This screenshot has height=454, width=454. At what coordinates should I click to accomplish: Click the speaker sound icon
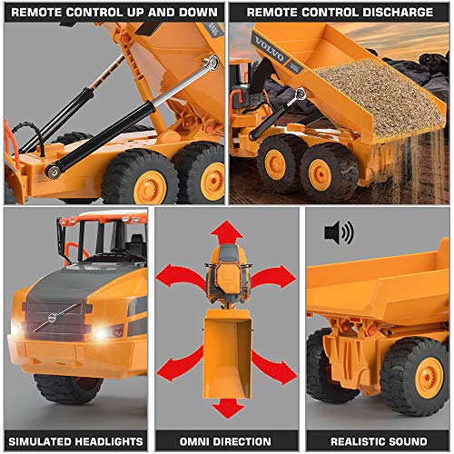pos(338,233)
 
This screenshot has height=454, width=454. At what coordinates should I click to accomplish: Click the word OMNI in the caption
pos(192,440)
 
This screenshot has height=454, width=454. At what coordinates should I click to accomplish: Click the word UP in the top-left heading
pos(133,13)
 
